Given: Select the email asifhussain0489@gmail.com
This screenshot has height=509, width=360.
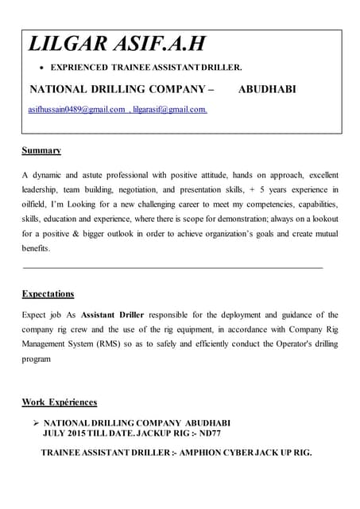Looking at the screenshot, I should (76, 109).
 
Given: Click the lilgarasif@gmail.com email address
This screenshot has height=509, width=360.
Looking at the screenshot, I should (170, 109).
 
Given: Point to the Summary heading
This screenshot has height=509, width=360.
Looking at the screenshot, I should (41, 150).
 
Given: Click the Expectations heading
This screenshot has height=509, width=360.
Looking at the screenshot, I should (48, 293).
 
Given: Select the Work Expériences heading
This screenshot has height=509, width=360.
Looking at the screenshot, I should (60, 402).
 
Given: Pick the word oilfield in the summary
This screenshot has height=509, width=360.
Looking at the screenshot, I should (35, 204).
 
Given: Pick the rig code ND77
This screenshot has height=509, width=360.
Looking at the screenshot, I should (209, 433).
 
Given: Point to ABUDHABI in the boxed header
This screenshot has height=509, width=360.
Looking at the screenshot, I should (267, 89).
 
